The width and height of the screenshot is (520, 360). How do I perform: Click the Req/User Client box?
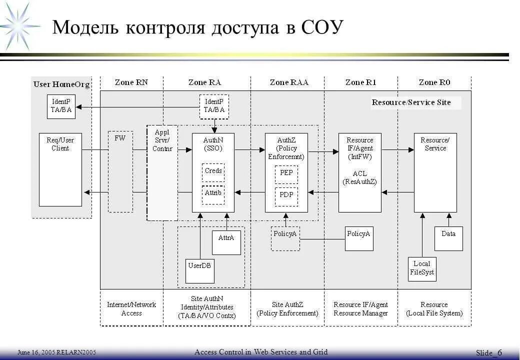point(60,169)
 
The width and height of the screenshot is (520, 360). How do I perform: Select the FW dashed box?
point(120,171)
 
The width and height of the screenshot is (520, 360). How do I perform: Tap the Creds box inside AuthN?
point(213,171)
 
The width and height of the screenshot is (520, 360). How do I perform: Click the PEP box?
point(286,173)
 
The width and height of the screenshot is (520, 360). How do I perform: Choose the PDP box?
point(286,195)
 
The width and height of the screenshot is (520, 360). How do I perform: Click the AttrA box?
point(226,242)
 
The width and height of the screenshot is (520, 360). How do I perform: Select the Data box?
point(448,238)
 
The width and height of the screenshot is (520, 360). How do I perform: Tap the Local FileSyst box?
point(422,269)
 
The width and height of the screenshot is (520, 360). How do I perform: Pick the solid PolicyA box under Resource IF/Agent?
point(359,238)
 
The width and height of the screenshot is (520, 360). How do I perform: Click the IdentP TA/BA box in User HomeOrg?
point(61,106)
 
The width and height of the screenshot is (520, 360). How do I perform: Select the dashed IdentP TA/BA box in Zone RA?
point(214,106)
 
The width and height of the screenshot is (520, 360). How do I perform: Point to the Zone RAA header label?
point(289,82)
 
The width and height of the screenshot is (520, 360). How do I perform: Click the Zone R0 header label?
point(434,82)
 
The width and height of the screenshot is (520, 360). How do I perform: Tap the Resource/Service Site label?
point(411,102)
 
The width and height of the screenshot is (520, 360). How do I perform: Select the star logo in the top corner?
point(19,25)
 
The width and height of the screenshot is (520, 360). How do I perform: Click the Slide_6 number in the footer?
point(489,353)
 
